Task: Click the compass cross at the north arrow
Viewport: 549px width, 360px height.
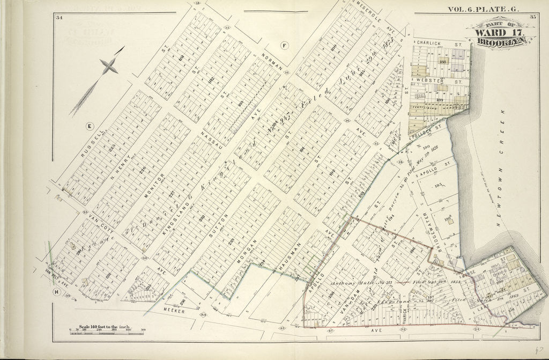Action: (109, 66)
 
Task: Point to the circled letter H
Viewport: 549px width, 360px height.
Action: (56, 292)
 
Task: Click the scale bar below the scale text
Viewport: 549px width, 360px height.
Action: (107, 333)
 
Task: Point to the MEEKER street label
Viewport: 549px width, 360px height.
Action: (174, 311)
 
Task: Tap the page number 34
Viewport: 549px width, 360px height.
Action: (59, 18)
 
